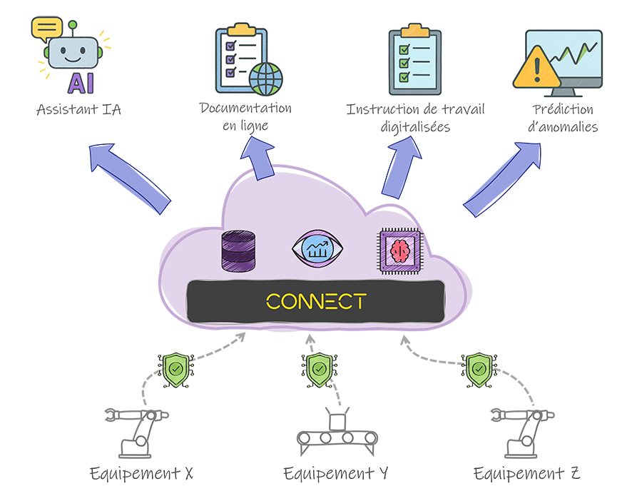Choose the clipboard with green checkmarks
414,56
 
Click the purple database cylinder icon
238,251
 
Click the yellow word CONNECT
315,301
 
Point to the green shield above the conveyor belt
317,369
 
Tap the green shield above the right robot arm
478,369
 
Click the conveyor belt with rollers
337,433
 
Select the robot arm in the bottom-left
139,434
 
